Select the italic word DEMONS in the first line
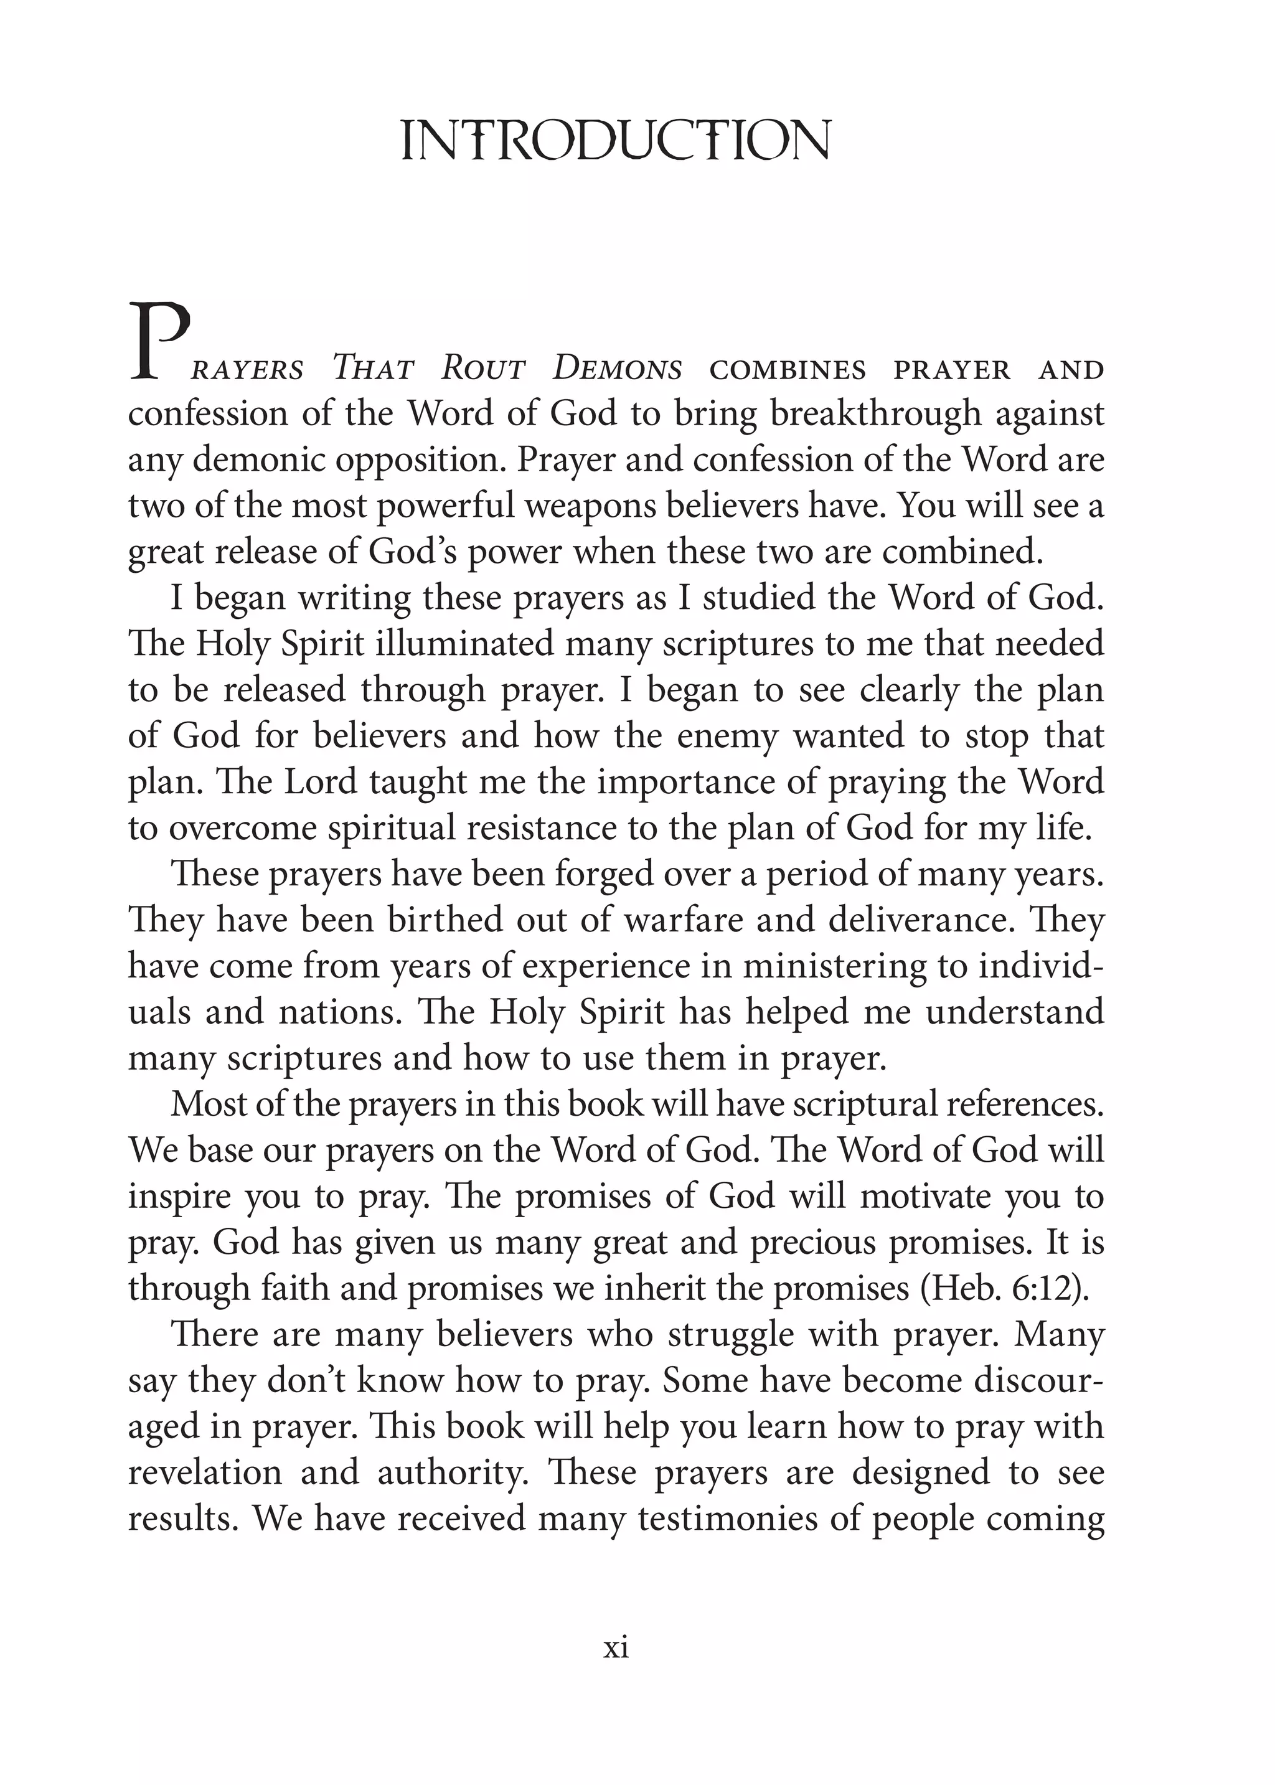click(617, 369)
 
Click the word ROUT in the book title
click(482, 369)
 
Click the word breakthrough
click(875, 415)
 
